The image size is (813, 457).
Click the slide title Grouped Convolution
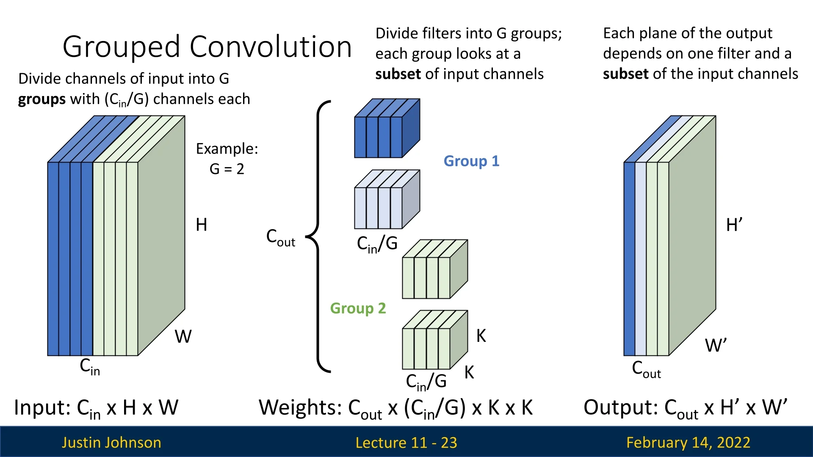tap(207, 47)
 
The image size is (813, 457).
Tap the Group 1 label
tap(471, 161)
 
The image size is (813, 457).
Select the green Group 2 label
tap(358, 308)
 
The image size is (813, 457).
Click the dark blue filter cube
tap(386, 129)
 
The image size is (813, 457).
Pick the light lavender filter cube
tap(386, 200)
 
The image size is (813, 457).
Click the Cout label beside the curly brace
tap(280, 238)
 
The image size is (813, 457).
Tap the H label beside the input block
tap(201, 225)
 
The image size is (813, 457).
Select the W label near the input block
tap(183, 337)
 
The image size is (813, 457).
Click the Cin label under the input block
tap(90, 366)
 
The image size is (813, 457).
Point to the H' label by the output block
tap(734, 225)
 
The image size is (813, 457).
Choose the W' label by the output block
tap(716, 346)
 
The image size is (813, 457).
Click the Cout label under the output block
tap(646, 369)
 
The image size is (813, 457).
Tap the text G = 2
tap(227, 169)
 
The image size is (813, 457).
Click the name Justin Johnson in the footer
tap(111, 443)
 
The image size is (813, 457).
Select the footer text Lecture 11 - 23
tap(406, 443)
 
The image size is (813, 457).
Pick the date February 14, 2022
tap(688, 443)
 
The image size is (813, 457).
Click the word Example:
tap(227, 149)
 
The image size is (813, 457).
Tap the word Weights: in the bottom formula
tap(300, 408)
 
